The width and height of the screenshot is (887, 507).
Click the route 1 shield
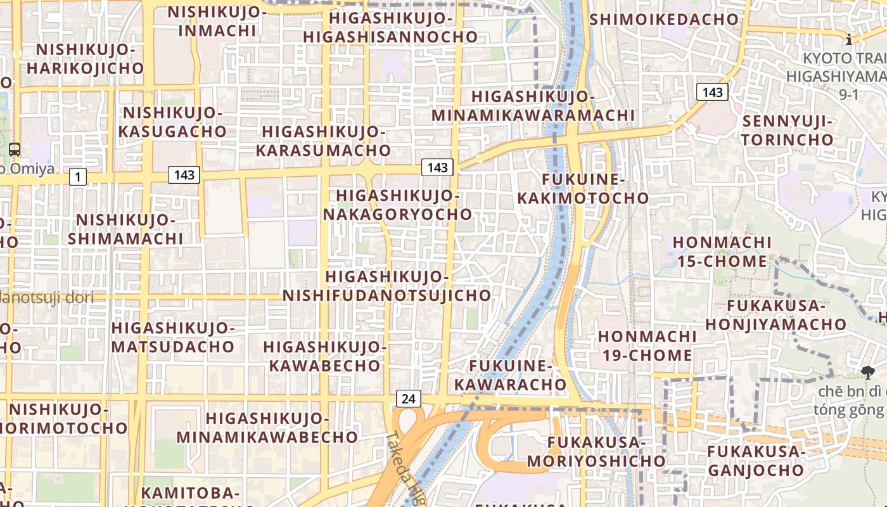point(77,177)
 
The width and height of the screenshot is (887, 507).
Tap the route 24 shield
point(409,399)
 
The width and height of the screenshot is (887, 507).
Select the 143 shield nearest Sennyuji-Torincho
point(712,93)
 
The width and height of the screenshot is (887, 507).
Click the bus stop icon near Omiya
point(14,150)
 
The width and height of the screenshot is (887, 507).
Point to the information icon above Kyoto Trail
point(849,40)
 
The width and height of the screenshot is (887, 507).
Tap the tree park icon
point(867,373)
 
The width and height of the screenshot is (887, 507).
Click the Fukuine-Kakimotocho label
point(583,189)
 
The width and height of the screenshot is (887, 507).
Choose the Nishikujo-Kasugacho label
point(174,122)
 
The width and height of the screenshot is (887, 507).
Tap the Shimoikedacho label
point(664,20)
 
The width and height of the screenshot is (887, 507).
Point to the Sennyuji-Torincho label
point(788,130)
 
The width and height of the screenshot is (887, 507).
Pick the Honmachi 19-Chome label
point(647,345)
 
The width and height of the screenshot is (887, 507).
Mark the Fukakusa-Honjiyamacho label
point(775,315)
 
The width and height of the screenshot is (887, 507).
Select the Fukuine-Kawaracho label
point(510,375)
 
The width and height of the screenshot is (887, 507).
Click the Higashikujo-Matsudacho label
point(173,337)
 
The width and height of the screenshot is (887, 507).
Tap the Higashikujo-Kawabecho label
point(324,356)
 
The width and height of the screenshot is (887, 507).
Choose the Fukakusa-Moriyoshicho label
point(596,451)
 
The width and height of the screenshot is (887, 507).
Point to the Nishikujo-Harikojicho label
point(86,58)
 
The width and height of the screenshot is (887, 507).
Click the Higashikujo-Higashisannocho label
point(390,27)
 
